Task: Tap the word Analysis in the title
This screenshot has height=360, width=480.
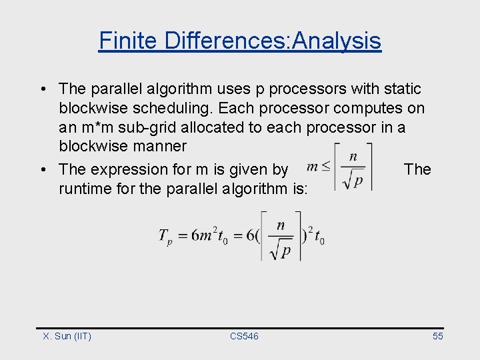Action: coord(337,41)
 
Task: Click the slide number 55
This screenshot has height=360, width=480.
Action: coord(437,336)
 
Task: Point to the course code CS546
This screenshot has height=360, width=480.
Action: coord(244,336)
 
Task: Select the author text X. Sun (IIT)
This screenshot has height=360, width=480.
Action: coord(67,336)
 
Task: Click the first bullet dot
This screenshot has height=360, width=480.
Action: coord(42,89)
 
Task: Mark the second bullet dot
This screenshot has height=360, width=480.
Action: coord(42,170)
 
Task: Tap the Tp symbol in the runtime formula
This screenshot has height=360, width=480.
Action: coord(164,237)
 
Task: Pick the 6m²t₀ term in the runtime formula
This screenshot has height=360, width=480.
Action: coord(209,237)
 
